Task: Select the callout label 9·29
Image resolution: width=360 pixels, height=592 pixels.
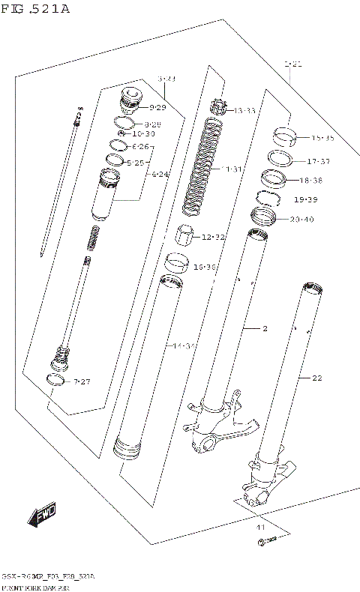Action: click(157, 108)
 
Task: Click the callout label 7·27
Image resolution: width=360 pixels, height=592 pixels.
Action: click(81, 382)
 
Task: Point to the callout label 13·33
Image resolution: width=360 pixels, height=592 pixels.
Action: click(244, 111)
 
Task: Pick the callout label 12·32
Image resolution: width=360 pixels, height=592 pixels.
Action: click(213, 238)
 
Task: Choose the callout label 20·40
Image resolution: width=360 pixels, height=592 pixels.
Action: click(302, 219)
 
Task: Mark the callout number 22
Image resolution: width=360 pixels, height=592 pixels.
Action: click(316, 378)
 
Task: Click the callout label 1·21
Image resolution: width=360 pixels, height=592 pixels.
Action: click(293, 66)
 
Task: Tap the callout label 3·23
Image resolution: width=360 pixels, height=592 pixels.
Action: click(166, 79)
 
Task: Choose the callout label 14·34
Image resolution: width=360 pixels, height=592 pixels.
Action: click(184, 345)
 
